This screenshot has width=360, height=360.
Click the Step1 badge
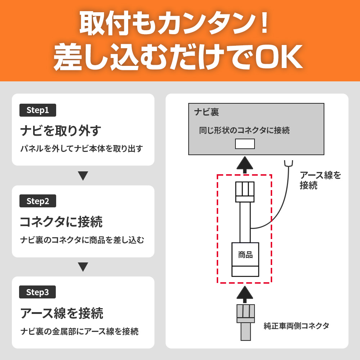(x=38, y=110)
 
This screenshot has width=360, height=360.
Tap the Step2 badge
(x=38, y=201)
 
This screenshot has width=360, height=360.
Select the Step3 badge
(x=37, y=292)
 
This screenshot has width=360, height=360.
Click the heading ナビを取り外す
(x=60, y=131)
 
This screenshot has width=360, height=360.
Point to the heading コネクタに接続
(x=61, y=222)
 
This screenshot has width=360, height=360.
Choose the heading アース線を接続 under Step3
(x=62, y=313)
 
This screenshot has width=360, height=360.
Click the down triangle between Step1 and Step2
(x=83, y=176)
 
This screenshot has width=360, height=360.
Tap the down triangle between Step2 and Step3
(x=83, y=267)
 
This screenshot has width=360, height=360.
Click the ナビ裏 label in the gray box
(x=207, y=112)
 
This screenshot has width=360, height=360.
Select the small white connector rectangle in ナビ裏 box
(x=245, y=144)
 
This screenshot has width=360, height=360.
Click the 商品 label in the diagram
(x=245, y=255)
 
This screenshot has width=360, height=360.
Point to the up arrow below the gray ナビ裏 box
(x=245, y=165)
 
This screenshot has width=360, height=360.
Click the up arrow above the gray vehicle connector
(x=245, y=294)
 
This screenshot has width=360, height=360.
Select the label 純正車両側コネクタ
(x=296, y=326)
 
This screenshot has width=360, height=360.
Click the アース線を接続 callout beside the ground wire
(x=320, y=180)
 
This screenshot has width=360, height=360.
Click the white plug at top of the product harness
(x=245, y=192)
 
